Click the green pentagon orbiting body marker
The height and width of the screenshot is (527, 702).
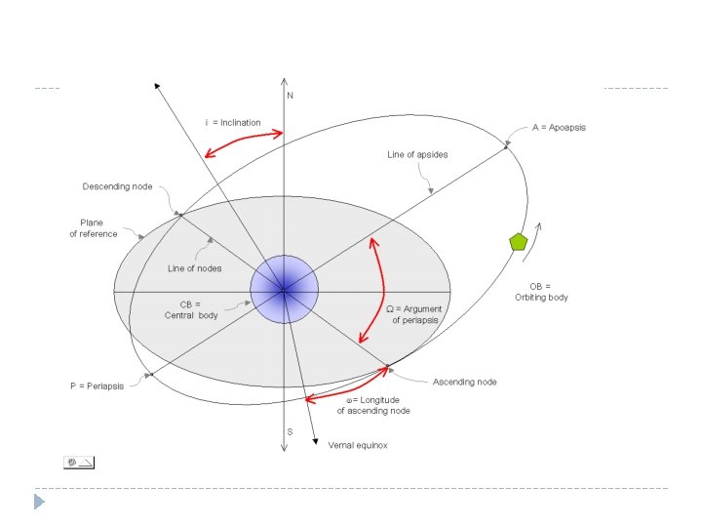click(519, 241)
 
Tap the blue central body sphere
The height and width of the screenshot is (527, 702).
click(284, 289)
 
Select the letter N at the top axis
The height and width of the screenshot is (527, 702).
click(291, 95)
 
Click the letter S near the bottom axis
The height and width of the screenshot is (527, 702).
click(290, 431)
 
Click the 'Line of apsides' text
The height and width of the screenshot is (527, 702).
click(417, 154)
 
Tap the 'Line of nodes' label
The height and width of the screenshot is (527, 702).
click(194, 268)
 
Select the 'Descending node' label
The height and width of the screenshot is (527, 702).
click(117, 186)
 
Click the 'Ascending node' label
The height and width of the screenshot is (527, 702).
click(464, 382)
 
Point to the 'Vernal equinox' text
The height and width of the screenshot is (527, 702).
click(358, 445)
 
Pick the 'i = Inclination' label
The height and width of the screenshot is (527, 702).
click(233, 123)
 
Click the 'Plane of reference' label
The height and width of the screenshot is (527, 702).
click(98, 228)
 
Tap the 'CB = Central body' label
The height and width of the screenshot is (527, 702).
click(190, 309)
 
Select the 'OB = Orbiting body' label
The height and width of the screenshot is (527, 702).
click(541, 291)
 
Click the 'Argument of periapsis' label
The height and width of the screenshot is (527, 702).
click(415, 314)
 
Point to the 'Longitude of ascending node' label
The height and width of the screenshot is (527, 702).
click(373, 405)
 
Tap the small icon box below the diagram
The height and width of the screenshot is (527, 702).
click(79, 462)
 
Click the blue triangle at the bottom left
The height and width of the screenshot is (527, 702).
click(39, 502)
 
